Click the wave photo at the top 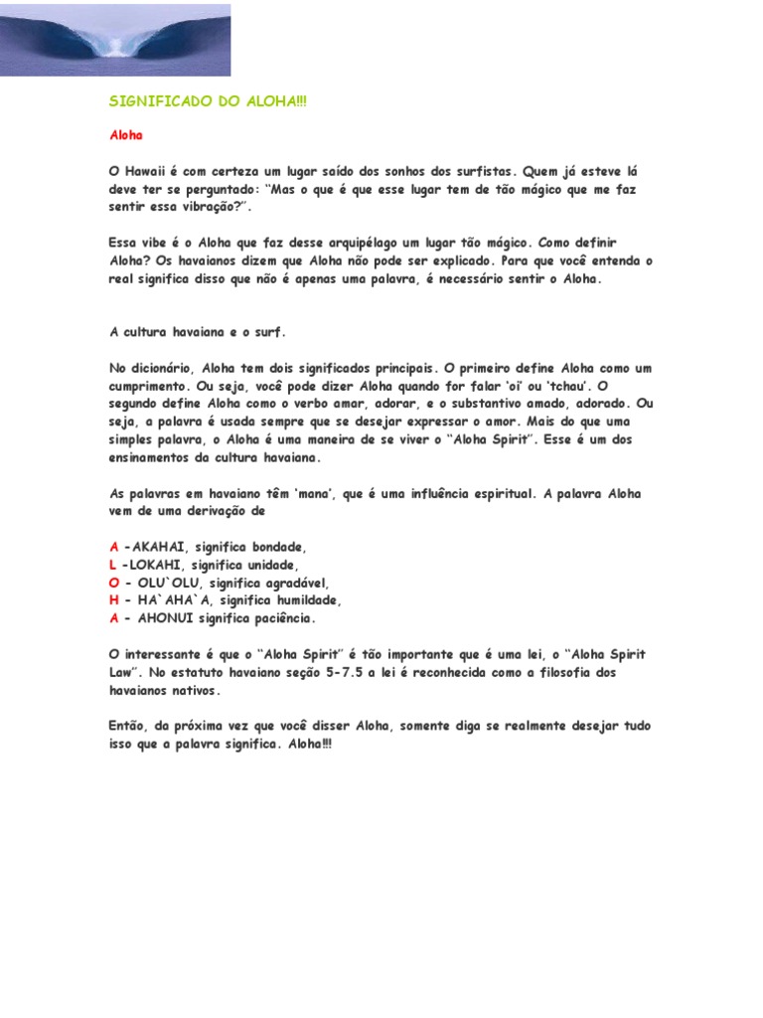[115, 40]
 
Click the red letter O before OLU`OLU [114, 583]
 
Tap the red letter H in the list [114, 600]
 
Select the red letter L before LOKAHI [112, 565]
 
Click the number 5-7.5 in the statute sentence [355, 672]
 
